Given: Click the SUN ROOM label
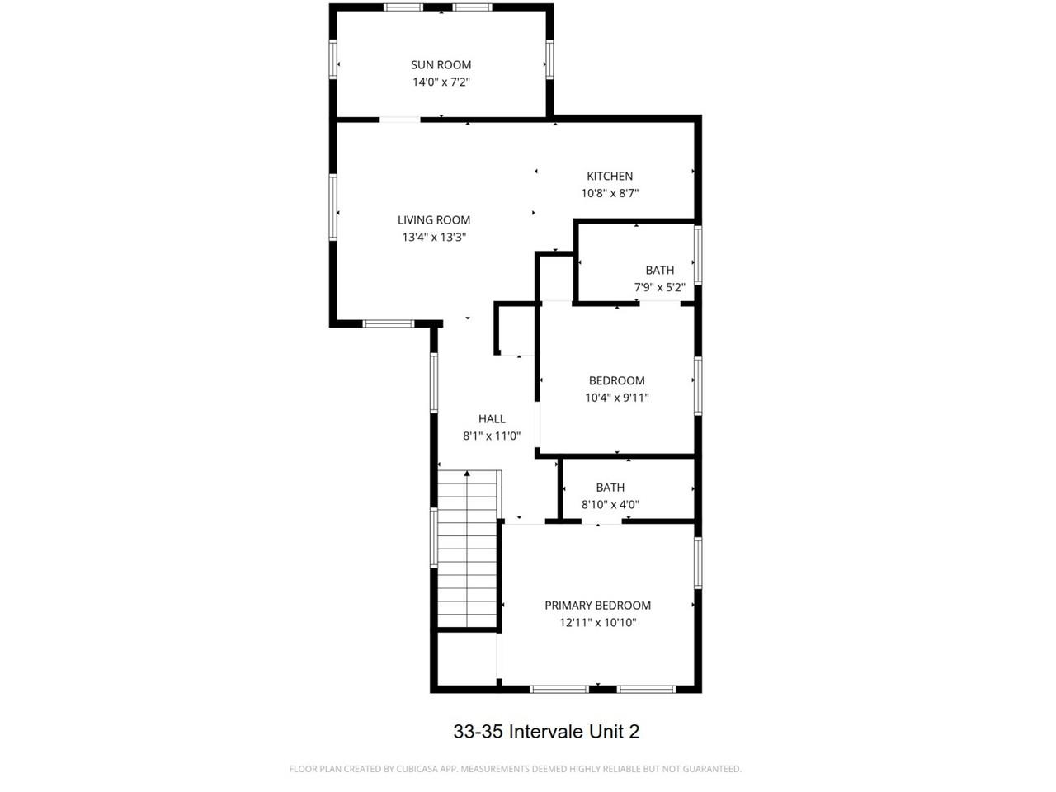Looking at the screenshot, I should (441, 65).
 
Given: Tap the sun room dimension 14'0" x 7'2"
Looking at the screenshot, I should (441, 82).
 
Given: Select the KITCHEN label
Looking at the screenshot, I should (610, 176).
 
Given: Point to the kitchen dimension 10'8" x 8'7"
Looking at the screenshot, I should (610, 193).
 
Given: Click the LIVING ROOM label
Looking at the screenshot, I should (434, 219).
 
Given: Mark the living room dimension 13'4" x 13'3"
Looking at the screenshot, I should (434, 238).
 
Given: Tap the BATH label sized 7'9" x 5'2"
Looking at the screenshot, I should (659, 270).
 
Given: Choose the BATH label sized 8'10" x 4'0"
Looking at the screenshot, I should (610, 488).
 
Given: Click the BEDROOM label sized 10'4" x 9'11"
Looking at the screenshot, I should (616, 380).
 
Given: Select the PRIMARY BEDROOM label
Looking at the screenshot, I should (597, 606).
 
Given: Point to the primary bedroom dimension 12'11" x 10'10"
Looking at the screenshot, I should (597, 623).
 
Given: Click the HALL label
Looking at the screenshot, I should (492, 419).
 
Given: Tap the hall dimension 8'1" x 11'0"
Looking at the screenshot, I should (492, 436).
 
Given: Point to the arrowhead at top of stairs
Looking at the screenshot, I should (467, 474).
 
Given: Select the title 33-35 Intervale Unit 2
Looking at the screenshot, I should (546, 732).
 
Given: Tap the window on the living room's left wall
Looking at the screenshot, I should (334, 207).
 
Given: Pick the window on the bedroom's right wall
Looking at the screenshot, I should (698, 384).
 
